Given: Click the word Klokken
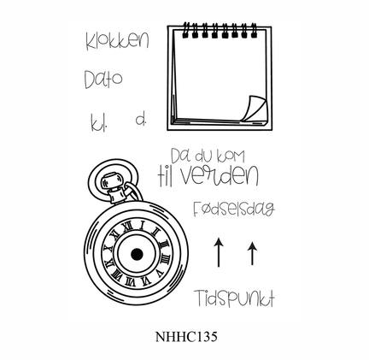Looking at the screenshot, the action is coord(117,42).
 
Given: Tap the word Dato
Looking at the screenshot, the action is coord(103,79).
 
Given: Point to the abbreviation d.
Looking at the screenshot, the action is coord(141,120).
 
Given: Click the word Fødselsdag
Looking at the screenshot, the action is coord(234,209).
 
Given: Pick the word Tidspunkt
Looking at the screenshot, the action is coord(234,298).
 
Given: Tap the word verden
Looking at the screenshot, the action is coord(220,175).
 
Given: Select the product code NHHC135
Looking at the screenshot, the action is coord(186,337).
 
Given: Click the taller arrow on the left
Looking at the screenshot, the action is coord(219,252).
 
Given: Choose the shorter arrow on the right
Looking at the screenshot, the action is coord(252,253).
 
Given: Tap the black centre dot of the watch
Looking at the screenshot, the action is coord(137,254).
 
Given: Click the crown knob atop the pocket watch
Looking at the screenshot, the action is coord(112,181).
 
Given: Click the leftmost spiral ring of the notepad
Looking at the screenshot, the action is coord(185,30).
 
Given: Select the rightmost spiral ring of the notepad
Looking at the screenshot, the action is coord(254,30).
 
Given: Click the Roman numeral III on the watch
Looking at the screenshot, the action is coord(165,258).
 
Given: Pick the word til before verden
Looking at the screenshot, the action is coord(165,177).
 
